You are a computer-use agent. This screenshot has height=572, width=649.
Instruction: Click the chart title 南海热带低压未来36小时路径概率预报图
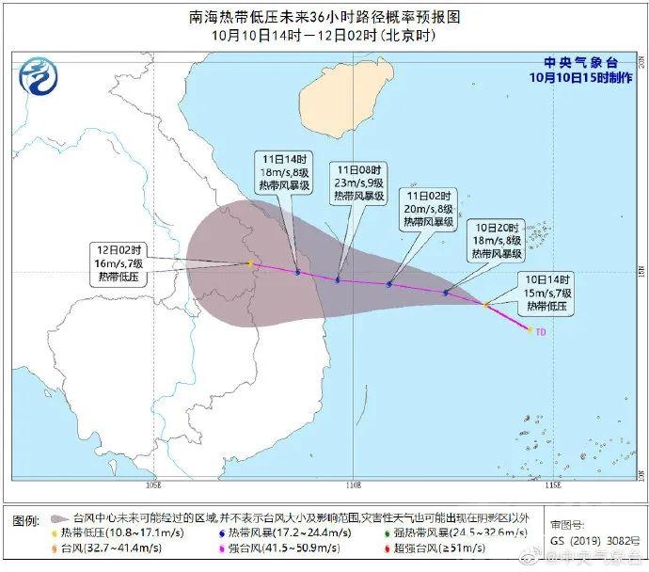pyautogui.click(x=325, y=17)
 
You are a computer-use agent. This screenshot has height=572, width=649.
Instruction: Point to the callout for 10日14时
pyautogui.click(x=547, y=293)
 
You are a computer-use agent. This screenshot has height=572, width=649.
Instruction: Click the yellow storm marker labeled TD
pyautogui.click(x=530, y=330)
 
